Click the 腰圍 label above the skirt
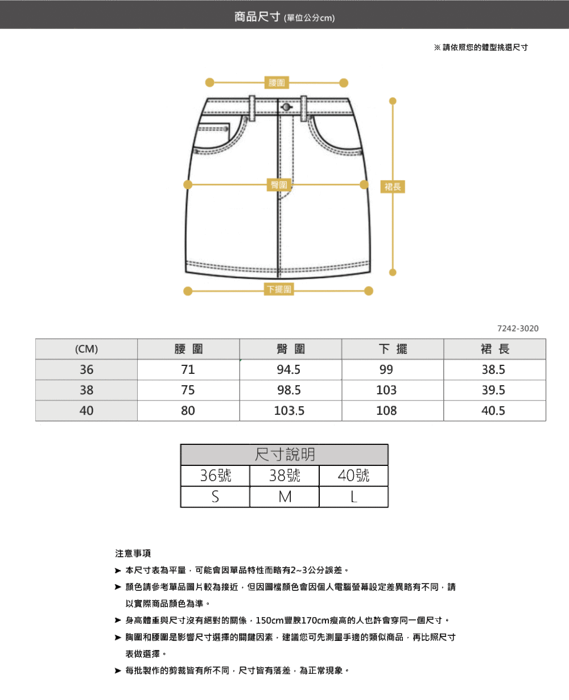coord(277,82)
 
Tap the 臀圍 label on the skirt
coord(279,185)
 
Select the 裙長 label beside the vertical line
coord(393,187)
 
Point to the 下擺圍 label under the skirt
coord(279,289)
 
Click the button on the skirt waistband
coord(286,107)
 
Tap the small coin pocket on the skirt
coord(213,128)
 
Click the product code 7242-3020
coord(518,328)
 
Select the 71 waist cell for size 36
coord(188,369)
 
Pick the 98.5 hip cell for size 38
coord(289,390)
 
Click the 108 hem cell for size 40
coord(386,410)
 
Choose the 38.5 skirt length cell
coord(493,369)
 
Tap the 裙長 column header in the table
coord(494,349)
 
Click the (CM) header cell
coord(86,349)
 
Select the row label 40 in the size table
coord(86,410)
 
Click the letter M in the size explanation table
coord(284,497)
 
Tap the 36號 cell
coord(216,476)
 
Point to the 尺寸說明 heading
coord(284,455)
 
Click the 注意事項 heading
coord(133,553)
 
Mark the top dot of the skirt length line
coord(393,101)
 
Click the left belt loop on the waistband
coord(252,108)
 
